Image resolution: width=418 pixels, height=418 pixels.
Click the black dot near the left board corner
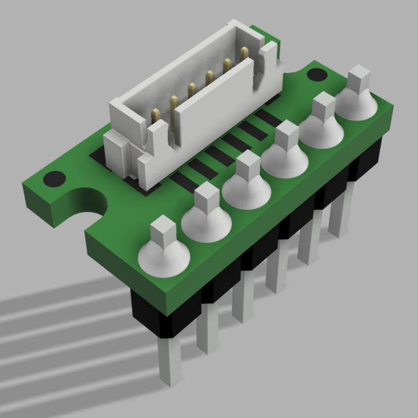[54, 178]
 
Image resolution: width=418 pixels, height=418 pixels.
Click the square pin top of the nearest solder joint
[163, 231]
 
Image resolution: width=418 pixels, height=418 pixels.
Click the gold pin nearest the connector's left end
[157, 117]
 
